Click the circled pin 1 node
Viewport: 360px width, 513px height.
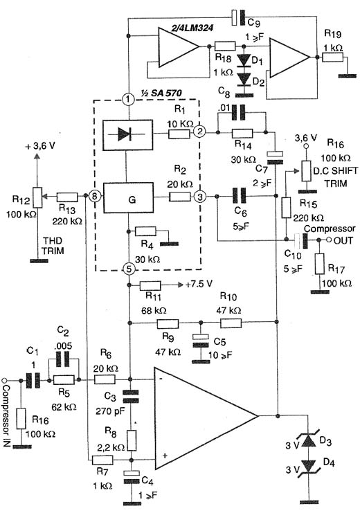point(128,98)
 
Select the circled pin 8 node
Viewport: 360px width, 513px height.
point(94,197)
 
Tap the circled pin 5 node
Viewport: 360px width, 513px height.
point(129,269)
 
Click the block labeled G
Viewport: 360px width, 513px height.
point(128,198)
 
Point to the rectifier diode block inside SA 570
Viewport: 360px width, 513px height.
point(128,135)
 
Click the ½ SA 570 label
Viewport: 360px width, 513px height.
point(161,93)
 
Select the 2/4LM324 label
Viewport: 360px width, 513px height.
point(192,28)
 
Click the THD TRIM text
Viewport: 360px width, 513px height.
point(53,246)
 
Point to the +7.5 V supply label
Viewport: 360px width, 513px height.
point(199,284)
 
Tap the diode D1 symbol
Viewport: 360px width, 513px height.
point(244,60)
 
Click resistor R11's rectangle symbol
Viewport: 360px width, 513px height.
point(150,286)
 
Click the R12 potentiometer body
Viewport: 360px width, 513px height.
point(38,197)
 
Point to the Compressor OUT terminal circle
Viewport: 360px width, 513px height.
point(330,240)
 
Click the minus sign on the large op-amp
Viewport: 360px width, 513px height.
point(161,378)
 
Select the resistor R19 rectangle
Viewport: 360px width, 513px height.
point(332,57)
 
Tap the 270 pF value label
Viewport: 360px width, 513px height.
point(110,411)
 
